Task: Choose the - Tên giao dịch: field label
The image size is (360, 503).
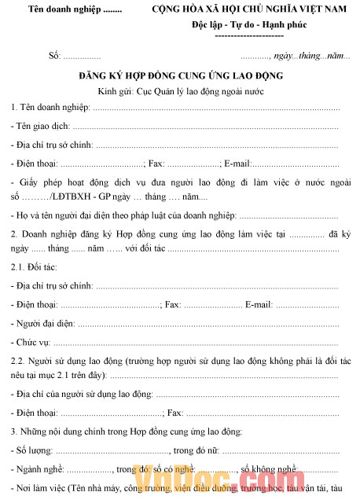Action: point(40,126)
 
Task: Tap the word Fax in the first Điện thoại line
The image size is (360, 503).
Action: point(156,164)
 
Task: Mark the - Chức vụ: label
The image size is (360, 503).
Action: point(31,343)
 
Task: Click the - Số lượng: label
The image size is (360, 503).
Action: point(33,450)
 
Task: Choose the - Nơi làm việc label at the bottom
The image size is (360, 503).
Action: point(37,489)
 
